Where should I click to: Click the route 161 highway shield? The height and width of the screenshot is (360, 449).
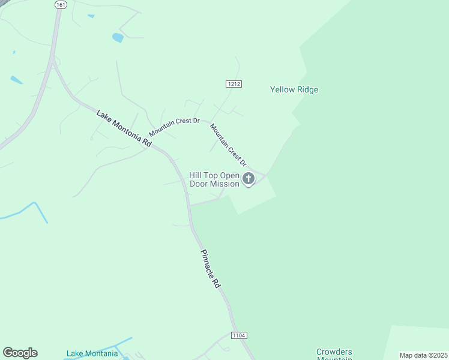coord(61,4)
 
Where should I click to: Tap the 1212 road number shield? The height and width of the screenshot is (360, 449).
coord(234,84)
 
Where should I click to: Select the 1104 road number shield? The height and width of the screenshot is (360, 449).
coord(239,335)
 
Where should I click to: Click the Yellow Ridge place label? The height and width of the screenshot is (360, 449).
coord(294,90)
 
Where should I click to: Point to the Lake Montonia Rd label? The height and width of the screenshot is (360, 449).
coord(124,127)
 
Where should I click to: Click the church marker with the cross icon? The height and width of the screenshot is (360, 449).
coord(248,178)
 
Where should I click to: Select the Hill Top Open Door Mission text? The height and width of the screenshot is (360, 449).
coord(214,179)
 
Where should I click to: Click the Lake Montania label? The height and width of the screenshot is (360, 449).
coord(92,353)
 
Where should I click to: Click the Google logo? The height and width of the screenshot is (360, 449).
coord(20,353)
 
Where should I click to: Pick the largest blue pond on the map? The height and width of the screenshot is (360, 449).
coord(118,38)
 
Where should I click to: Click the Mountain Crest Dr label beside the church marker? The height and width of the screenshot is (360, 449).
coord(228,145)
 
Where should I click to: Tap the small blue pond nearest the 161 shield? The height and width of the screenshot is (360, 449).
coord(91,16)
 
